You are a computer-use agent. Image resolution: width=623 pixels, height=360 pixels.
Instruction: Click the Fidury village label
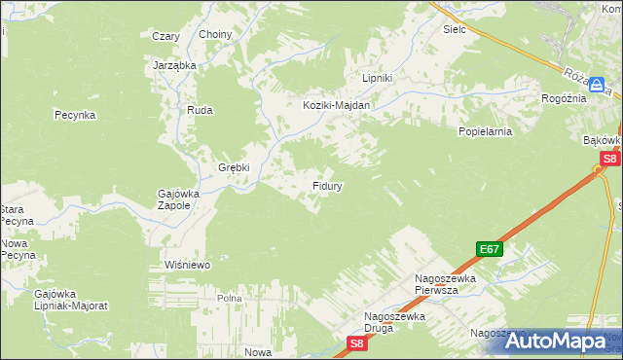click(326, 184)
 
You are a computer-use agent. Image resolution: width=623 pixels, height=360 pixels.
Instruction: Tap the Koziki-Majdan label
click(336, 105)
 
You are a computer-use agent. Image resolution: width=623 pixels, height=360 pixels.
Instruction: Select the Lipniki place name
click(377, 78)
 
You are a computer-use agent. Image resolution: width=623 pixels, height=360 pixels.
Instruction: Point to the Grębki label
click(234, 166)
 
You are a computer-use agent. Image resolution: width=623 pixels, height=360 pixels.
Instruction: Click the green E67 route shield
click(490, 249)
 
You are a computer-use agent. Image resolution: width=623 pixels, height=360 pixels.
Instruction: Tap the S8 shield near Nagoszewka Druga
click(357, 342)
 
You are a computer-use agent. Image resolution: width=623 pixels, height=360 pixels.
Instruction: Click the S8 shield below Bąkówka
click(609, 159)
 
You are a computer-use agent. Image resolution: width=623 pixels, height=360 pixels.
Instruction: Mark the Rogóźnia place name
click(564, 98)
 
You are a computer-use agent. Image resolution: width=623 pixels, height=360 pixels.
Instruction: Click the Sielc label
click(455, 29)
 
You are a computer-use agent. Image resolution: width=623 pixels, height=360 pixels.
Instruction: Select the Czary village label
click(165, 36)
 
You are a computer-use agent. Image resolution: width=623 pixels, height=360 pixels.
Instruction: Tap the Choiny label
click(215, 35)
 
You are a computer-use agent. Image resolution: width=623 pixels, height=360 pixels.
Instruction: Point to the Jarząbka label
click(175, 65)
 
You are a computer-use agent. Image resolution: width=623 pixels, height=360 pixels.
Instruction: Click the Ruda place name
click(200, 110)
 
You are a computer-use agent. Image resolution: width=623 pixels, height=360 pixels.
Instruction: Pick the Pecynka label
click(74, 115)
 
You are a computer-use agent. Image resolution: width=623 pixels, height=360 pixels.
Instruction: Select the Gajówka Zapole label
click(179, 199)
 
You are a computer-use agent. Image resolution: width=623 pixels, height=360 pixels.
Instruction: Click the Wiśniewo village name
click(188, 264)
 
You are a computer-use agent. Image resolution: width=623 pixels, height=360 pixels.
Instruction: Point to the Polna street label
click(229, 298)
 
